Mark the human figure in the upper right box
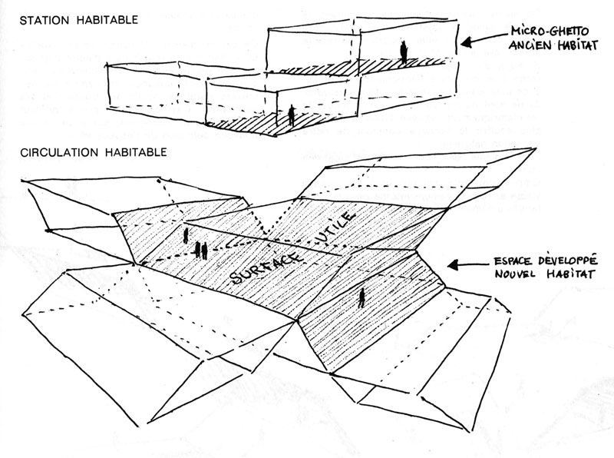(x=402, y=52)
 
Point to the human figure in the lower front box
(x=291, y=116)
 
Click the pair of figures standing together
(x=202, y=250)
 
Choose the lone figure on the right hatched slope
(x=361, y=297)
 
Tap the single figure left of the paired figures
(x=185, y=236)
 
